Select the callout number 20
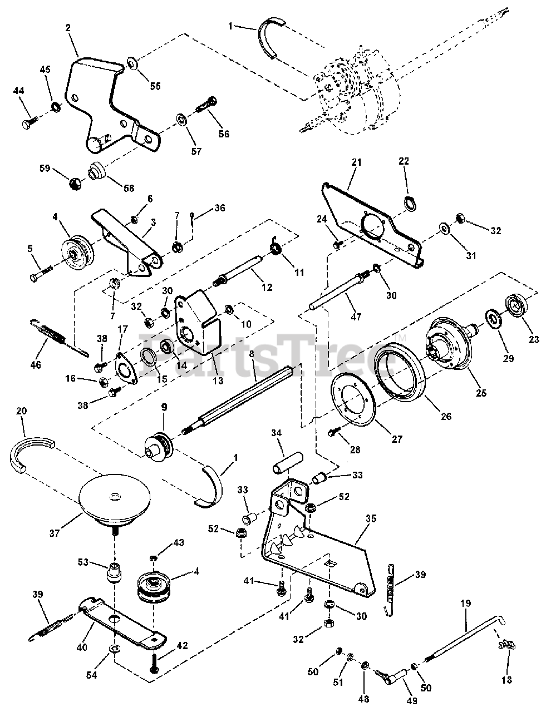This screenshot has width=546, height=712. [x=21, y=411]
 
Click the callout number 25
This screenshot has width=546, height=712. [x=481, y=393]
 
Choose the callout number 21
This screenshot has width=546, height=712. [x=356, y=162]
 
